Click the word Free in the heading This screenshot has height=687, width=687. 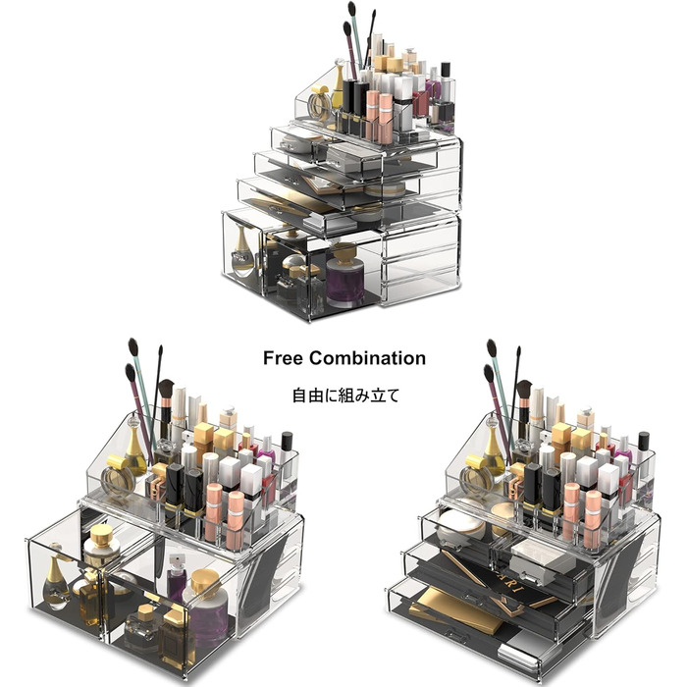[x=283, y=358]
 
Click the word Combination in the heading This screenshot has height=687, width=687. [x=367, y=358]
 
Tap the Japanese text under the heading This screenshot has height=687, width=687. [x=345, y=396]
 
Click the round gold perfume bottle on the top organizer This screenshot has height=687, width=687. [x=320, y=103]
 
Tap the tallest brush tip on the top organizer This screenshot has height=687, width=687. [x=351, y=8]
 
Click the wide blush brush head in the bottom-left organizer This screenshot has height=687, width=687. [x=166, y=389]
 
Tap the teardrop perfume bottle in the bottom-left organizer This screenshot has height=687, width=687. [x=56, y=577]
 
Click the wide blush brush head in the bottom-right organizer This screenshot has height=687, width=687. [x=524, y=390]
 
